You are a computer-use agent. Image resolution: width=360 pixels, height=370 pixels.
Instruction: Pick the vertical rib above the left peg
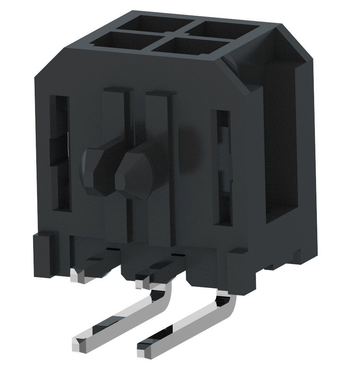115,116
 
